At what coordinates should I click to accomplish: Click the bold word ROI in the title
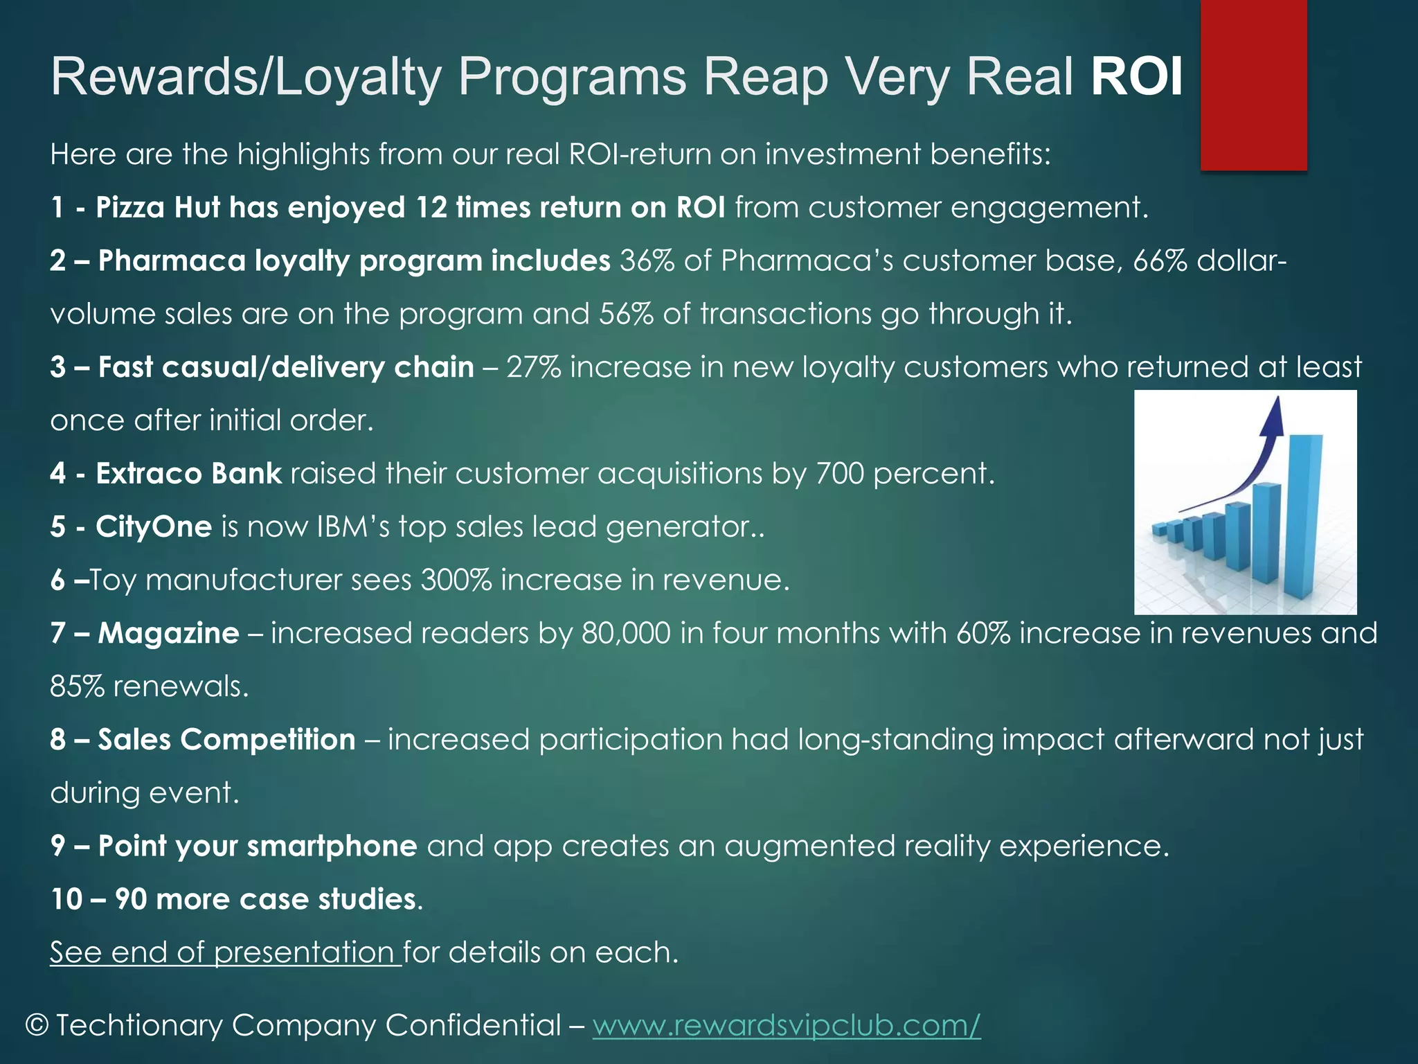coord(1136,76)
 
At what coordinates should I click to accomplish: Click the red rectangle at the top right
coord(1253,85)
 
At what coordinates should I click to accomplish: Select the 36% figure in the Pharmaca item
coord(647,261)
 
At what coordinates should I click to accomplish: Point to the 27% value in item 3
coord(533,367)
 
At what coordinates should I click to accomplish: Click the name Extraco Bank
coord(188,474)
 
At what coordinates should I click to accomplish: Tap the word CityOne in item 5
coord(154,527)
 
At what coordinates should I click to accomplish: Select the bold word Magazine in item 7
coord(168,633)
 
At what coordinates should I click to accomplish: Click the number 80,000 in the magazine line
coord(626,633)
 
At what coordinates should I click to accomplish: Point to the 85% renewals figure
coord(76,686)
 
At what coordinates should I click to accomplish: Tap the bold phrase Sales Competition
coord(226,740)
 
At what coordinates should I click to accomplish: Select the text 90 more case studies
coord(266,899)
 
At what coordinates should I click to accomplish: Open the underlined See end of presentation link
coord(225,952)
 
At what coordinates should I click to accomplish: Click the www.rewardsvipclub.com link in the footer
coord(786,1025)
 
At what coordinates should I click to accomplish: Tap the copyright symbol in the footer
coord(37,1025)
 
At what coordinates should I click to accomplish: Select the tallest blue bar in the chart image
coord(1304,516)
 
